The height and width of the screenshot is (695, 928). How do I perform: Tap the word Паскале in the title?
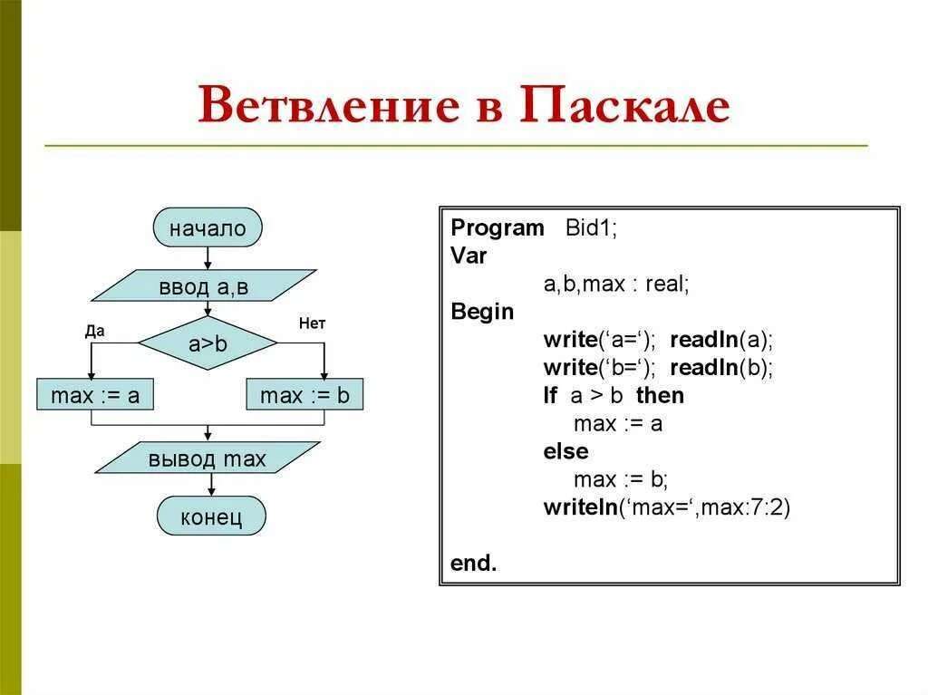coord(624,105)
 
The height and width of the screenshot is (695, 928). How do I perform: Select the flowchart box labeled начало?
coord(208,228)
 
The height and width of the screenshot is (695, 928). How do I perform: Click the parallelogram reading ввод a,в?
coord(204,287)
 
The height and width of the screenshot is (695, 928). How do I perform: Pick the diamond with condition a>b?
coord(208,344)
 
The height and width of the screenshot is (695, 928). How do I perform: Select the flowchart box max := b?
coord(304,395)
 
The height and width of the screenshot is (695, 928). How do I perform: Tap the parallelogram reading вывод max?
coord(208,459)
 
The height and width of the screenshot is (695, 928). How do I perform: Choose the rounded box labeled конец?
coord(211,517)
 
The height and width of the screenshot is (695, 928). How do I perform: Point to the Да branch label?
coord(95,331)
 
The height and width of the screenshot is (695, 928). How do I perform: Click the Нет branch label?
coord(312,323)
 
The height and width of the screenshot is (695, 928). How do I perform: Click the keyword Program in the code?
coord(498,228)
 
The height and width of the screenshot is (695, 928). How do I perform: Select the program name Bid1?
coord(591,228)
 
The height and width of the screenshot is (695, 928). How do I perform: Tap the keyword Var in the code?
coord(469,256)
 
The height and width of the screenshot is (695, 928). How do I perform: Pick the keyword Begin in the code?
coord(482,313)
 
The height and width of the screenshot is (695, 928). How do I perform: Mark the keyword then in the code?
coord(660,396)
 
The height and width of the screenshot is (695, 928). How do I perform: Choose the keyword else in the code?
coord(566,451)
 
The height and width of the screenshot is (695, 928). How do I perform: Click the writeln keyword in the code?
coord(580,507)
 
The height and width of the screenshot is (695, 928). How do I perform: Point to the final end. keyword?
coord(473,563)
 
